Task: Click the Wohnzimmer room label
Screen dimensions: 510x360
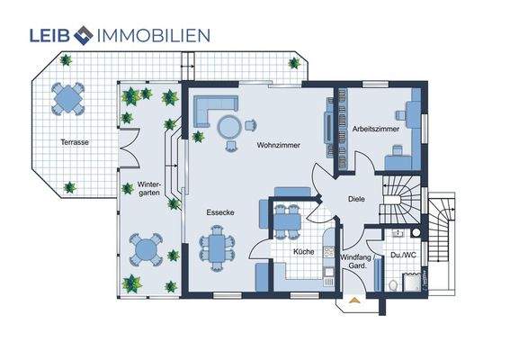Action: click(x=279, y=145)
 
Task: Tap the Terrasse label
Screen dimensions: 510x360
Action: click(x=75, y=142)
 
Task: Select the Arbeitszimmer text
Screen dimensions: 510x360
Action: click(x=376, y=129)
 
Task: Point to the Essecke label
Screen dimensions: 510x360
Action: click(x=220, y=212)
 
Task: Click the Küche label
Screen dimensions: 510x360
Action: click(x=304, y=252)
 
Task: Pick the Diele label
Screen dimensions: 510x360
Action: click(x=356, y=199)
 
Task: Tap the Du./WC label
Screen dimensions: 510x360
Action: click(x=403, y=255)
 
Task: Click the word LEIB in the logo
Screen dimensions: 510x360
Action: click(x=49, y=35)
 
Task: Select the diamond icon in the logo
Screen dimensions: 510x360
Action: click(x=84, y=35)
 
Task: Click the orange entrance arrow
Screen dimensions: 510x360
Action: click(x=353, y=300)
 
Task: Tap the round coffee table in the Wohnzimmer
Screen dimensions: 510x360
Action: click(x=229, y=127)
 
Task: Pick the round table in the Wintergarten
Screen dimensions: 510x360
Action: click(x=146, y=249)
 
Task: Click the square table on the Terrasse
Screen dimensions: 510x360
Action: click(x=67, y=98)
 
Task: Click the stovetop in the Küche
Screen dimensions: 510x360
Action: click(x=328, y=251)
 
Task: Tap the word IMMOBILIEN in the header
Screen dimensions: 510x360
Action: click(x=154, y=35)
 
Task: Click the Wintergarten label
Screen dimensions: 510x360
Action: click(x=149, y=188)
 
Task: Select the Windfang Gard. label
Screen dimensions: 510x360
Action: click(x=357, y=261)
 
